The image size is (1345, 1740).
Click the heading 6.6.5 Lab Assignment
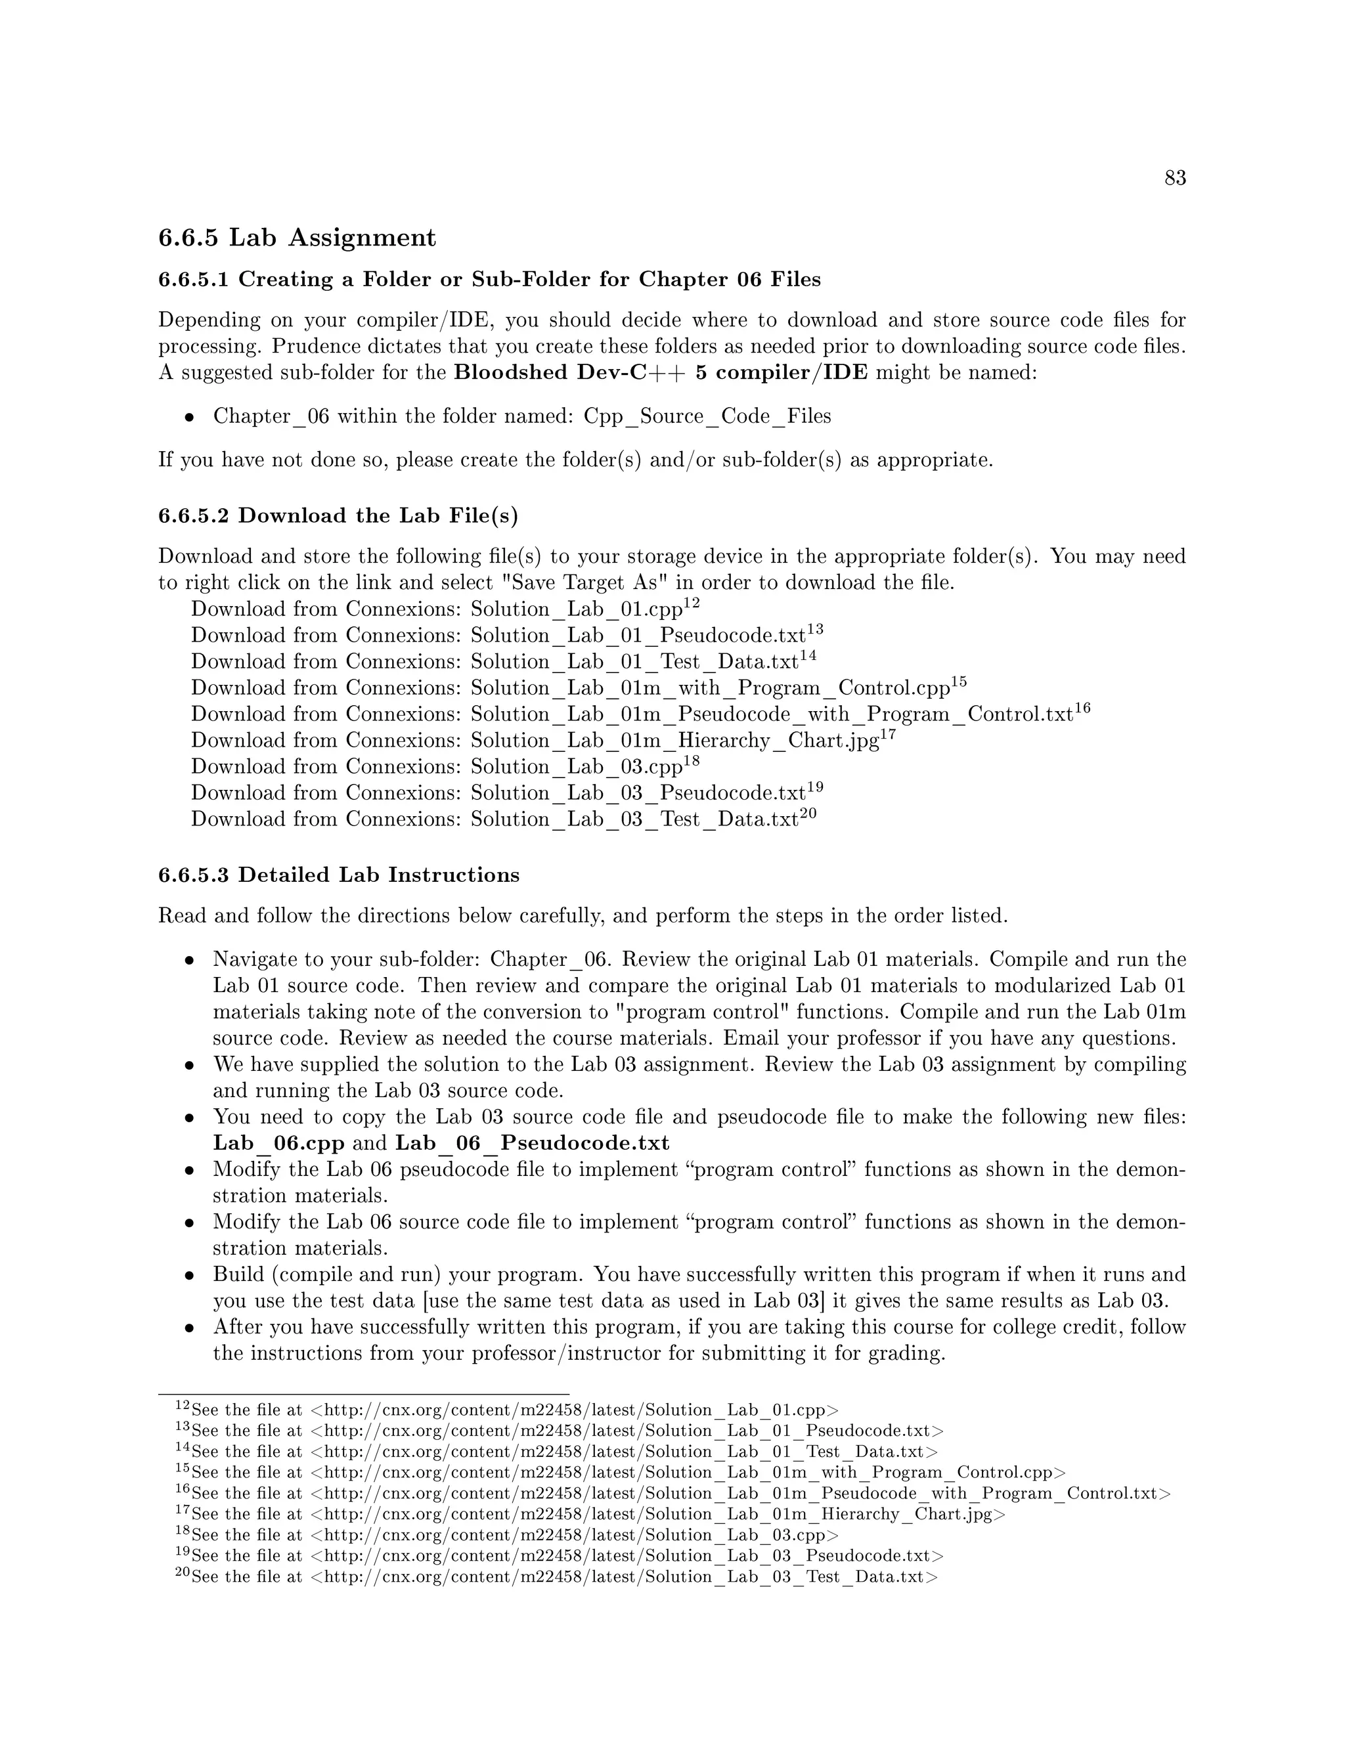tap(298, 238)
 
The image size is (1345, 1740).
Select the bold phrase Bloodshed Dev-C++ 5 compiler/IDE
tap(661, 373)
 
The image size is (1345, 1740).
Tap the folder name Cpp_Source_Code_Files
tap(707, 417)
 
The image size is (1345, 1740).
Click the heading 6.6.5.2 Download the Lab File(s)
tap(338, 516)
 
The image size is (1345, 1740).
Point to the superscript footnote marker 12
tap(692, 603)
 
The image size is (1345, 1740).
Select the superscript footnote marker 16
tap(1082, 708)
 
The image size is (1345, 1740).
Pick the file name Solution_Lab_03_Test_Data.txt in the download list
tap(634, 820)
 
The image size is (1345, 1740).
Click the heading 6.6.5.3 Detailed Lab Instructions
tap(339, 875)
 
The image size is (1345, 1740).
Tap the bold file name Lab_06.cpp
tap(278, 1143)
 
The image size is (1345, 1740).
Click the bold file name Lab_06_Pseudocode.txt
tap(532, 1143)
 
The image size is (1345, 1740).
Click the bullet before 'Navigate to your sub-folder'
tap(190, 961)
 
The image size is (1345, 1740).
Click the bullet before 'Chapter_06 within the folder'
tap(190, 418)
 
